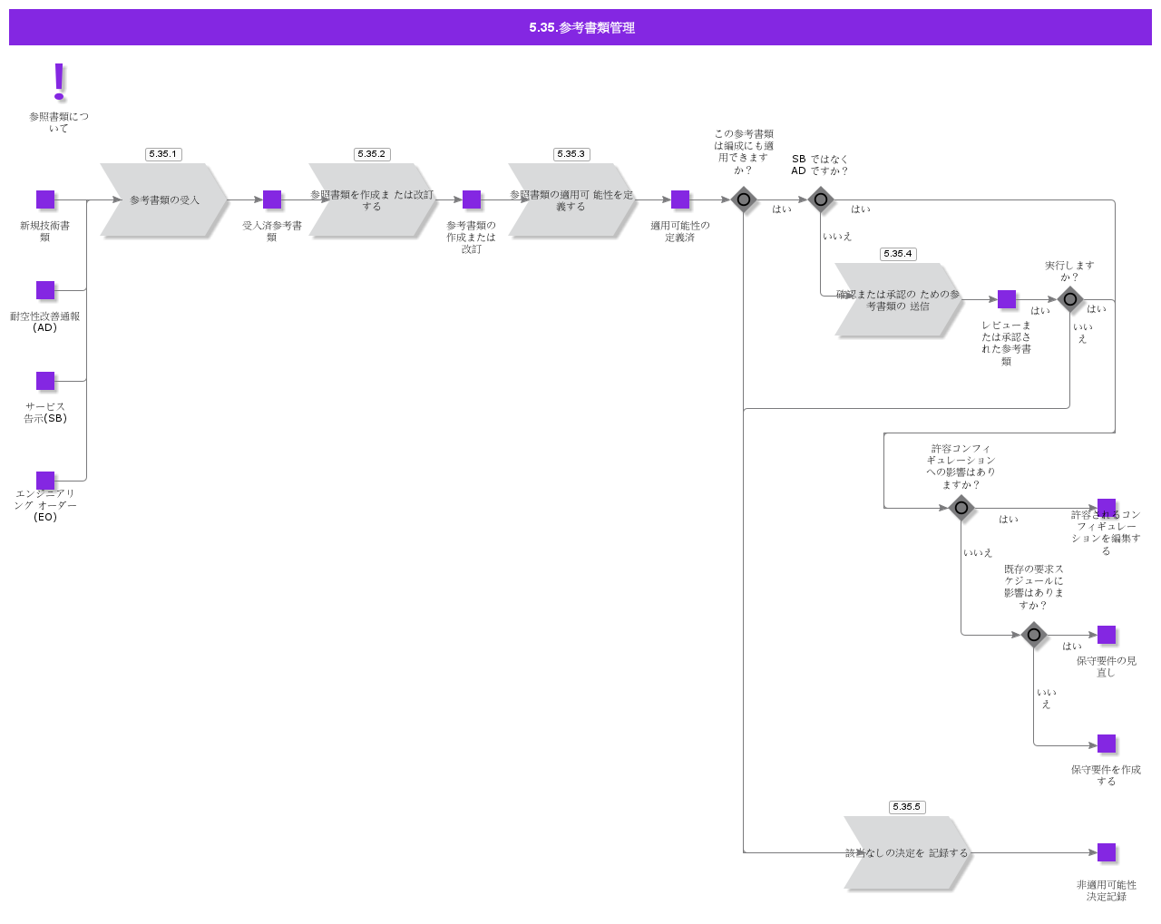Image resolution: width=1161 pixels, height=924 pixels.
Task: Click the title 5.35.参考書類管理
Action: click(580, 27)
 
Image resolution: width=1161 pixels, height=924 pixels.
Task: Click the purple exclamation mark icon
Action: click(59, 81)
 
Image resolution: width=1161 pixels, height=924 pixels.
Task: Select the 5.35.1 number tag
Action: click(163, 154)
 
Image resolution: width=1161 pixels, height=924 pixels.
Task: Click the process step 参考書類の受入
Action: click(164, 199)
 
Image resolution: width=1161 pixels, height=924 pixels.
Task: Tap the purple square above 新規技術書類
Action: click(45, 199)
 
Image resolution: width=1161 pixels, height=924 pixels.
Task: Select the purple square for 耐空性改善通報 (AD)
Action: click(45, 290)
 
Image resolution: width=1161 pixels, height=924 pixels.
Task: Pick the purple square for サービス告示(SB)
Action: click(45, 381)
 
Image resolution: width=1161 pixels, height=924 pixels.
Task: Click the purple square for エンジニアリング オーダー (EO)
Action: click(45, 481)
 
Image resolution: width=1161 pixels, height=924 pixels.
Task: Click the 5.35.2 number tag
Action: click(372, 154)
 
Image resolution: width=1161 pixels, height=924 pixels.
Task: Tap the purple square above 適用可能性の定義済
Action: click(680, 199)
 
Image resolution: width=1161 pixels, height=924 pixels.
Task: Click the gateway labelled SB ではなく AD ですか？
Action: click(821, 199)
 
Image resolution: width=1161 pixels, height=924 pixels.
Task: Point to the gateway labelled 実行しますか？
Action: click(1070, 299)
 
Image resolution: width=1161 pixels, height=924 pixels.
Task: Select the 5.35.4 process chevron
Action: click(898, 299)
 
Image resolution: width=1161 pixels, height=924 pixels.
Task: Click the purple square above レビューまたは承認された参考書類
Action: click(1007, 299)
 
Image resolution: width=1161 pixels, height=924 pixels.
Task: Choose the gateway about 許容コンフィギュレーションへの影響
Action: click(961, 508)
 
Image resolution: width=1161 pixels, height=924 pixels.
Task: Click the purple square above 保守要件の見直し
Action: click(1107, 635)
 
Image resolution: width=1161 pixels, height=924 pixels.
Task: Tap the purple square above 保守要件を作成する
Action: click(1107, 744)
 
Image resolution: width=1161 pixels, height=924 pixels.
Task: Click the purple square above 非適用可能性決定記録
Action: click(1107, 852)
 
